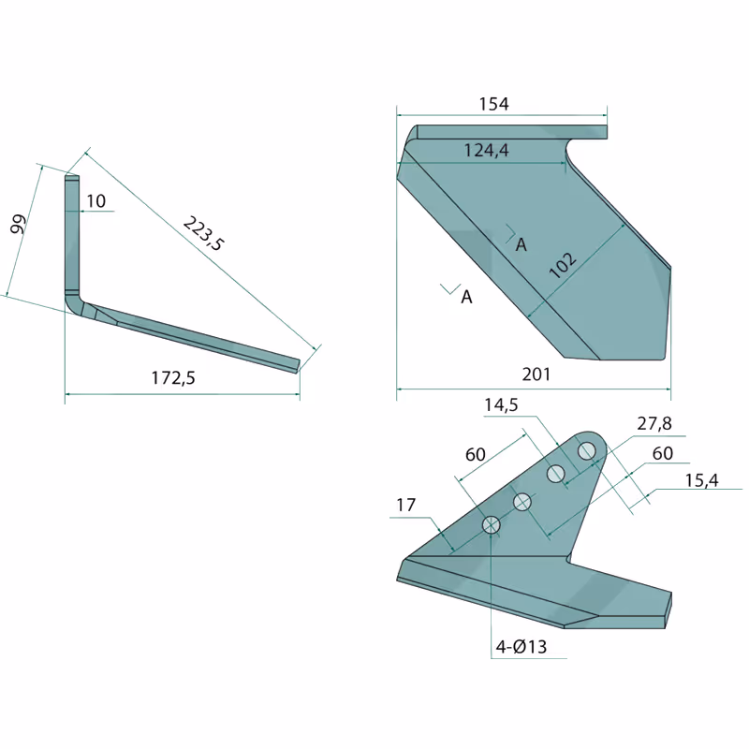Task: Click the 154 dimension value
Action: pyautogui.click(x=494, y=104)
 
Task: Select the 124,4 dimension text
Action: pyautogui.click(x=486, y=151)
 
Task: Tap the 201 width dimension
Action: pyautogui.click(x=536, y=374)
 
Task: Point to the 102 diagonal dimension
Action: pyautogui.click(x=563, y=265)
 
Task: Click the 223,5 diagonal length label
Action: pyautogui.click(x=203, y=233)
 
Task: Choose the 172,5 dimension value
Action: pyautogui.click(x=173, y=378)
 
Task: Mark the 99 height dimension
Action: pyautogui.click(x=18, y=224)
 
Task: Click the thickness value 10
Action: pyautogui.click(x=95, y=201)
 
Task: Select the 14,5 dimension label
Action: pyautogui.click(x=501, y=405)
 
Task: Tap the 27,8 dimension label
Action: pyautogui.click(x=654, y=423)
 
